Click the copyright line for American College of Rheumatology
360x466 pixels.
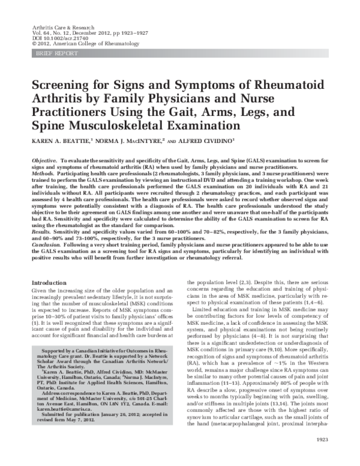[71, 44]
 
